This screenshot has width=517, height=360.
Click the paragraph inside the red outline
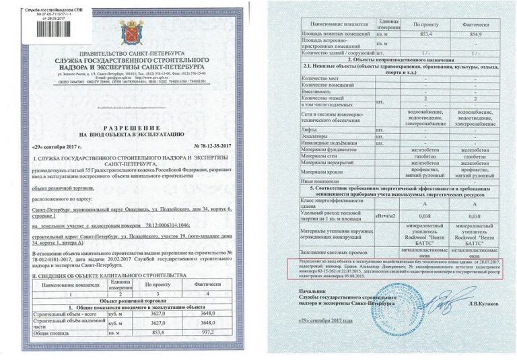click(397, 268)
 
